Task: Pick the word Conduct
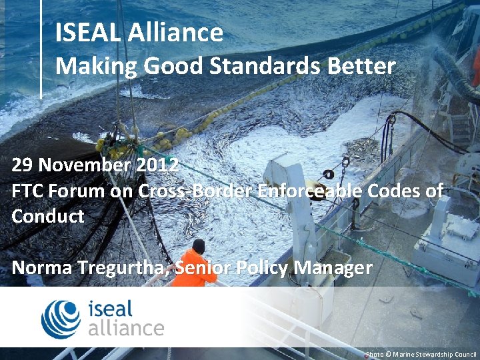pyautogui.click(x=48, y=216)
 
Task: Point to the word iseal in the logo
pyautogui.click(x=111, y=309)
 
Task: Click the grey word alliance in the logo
pyautogui.click(x=125, y=327)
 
